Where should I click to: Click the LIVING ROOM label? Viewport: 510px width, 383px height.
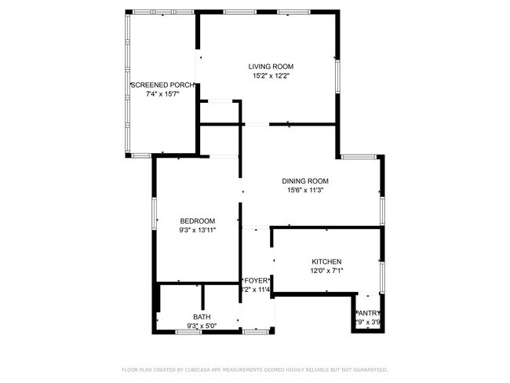(271, 67)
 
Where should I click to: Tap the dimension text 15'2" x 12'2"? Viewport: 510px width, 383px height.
(271, 76)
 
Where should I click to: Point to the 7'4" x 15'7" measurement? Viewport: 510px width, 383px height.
(162, 94)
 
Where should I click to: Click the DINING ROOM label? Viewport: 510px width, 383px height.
(305, 181)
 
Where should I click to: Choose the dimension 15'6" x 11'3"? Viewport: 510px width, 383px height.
(305, 190)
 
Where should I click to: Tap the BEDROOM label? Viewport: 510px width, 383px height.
(197, 221)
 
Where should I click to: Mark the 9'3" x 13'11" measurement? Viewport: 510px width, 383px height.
(197, 230)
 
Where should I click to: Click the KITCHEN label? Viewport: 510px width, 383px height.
(327, 261)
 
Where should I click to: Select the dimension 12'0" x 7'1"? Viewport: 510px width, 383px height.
(327, 271)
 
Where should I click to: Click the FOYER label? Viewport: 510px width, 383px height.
(257, 280)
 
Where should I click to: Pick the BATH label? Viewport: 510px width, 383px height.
(202, 317)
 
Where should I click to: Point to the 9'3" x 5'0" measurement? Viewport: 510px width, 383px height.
(202, 326)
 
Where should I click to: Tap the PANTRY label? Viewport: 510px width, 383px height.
(368, 312)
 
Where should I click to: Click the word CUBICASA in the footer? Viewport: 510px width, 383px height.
(204, 369)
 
